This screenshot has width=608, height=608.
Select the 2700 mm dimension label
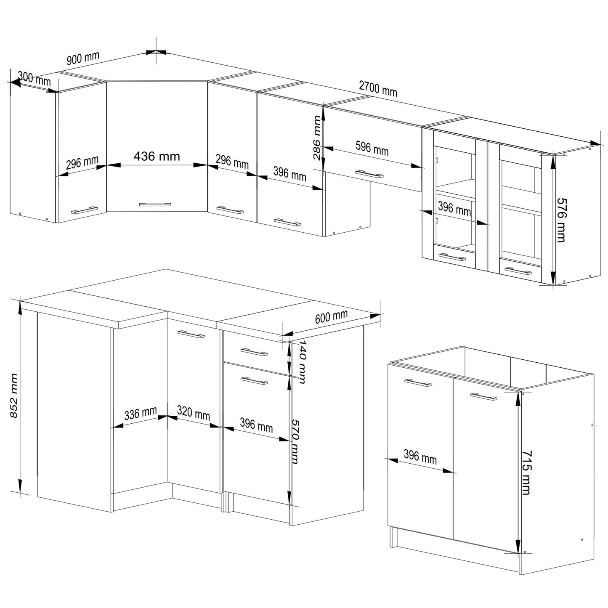(378, 89)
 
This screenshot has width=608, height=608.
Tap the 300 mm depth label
(34, 79)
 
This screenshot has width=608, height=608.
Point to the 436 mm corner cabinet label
(157, 156)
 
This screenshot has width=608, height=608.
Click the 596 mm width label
(372, 148)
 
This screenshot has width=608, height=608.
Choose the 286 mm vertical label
(317, 138)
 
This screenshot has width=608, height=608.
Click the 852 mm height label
(13, 396)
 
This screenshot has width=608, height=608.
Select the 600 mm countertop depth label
(331, 316)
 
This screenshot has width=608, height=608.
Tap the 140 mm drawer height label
(302, 361)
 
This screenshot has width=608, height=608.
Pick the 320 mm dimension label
(194, 413)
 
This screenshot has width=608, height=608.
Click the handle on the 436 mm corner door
(155, 204)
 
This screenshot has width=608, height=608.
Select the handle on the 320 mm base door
(191, 334)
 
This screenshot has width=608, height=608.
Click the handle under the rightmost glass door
(518, 271)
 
